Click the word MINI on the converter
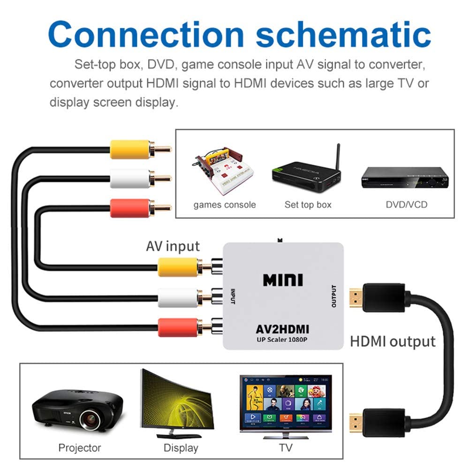[283, 280]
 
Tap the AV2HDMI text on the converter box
[282, 329]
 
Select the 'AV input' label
[173, 246]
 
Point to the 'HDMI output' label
[393, 341]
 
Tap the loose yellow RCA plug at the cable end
[131, 150]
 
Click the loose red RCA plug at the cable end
[131, 208]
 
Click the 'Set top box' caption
[308, 205]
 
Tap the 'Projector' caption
[79, 448]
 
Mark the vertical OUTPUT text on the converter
[334, 296]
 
